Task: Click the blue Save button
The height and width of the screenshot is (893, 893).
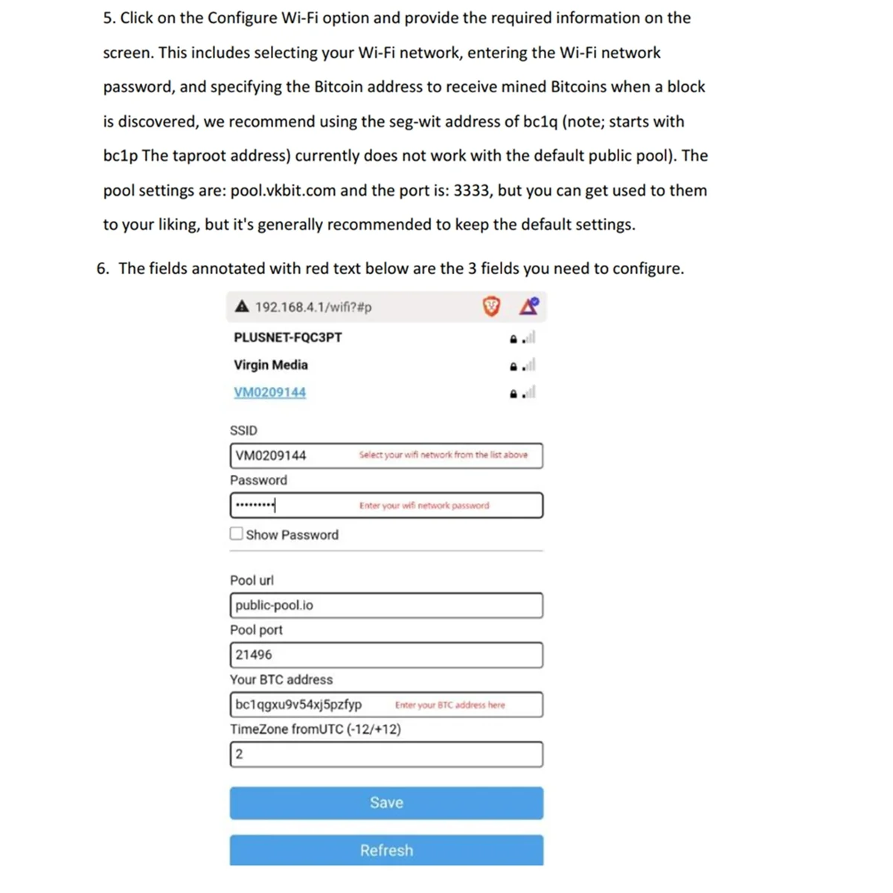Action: point(386,803)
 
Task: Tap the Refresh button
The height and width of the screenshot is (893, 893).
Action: point(386,850)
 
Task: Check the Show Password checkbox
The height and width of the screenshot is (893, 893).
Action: point(237,534)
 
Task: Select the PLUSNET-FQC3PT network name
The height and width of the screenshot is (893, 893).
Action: point(288,337)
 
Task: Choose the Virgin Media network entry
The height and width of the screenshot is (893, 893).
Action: point(271,365)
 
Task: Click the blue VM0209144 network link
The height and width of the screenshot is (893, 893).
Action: point(269,392)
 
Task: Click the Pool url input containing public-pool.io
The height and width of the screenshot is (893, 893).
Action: point(386,606)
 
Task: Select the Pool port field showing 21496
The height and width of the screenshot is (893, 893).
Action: point(386,655)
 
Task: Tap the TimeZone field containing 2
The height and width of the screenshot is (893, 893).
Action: point(386,755)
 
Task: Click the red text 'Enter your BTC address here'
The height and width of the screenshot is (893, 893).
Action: point(449,705)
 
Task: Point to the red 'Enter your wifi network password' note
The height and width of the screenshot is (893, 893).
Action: point(424,505)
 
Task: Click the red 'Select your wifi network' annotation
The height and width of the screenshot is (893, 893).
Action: point(443,455)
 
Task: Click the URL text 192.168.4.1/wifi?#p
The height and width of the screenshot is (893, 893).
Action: point(313,307)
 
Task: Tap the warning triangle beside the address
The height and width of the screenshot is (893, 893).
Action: point(242,307)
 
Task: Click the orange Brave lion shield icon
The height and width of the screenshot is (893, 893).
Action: point(491,306)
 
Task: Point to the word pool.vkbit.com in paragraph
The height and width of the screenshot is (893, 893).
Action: point(283,191)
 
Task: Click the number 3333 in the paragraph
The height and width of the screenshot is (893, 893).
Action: point(472,191)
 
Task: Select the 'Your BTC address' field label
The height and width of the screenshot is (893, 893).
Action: point(281,679)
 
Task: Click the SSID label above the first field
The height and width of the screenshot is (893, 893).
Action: point(243,431)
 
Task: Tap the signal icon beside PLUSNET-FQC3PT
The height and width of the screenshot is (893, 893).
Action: point(528,338)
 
